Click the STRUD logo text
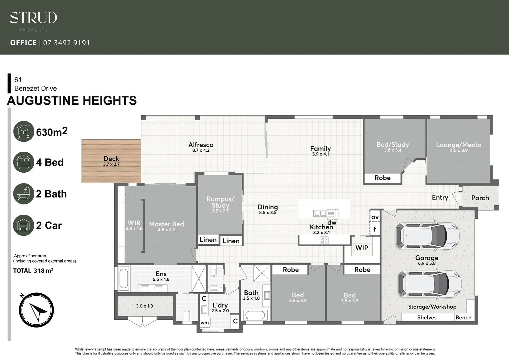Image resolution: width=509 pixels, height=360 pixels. pyautogui.click(x=33, y=18)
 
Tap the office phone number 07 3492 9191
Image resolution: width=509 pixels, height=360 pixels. pyautogui.click(x=66, y=43)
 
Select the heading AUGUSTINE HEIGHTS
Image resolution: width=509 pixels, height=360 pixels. pyautogui.click(x=72, y=100)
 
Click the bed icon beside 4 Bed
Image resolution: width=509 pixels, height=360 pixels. pyautogui.click(x=24, y=162)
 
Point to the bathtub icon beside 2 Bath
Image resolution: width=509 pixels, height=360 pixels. pyautogui.click(x=24, y=194)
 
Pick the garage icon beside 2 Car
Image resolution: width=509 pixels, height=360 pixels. pyautogui.click(x=24, y=225)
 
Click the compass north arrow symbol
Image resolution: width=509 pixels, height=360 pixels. pyautogui.click(x=36, y=310)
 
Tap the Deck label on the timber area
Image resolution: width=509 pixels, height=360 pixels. pyautogui.click(x=111, y=159)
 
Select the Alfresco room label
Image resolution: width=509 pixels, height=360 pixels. pyautogui.click(x=201, y=145)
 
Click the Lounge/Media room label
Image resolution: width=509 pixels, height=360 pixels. pyautogui.click(x=459, y=145)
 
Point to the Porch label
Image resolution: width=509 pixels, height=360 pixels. pyautogui.click(x=480, y=198)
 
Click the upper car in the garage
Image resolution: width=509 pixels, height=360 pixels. pyautogui.click(x=427, y=236)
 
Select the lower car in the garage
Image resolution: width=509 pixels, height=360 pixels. pyautogui.click(x=429, y=284)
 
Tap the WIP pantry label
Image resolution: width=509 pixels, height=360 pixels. pyautogui.click(x=362, y=248)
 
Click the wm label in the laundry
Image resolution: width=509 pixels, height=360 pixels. pyautogui.click(x=205, y=323)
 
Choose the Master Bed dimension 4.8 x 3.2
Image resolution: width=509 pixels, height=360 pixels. pyautogui.click(x=167, y=230)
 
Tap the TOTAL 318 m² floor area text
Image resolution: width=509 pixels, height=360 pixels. pyautogui.click(x=33, y=271)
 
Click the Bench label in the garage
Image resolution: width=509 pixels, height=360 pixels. pyautogui.click(x=463, y=317)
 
